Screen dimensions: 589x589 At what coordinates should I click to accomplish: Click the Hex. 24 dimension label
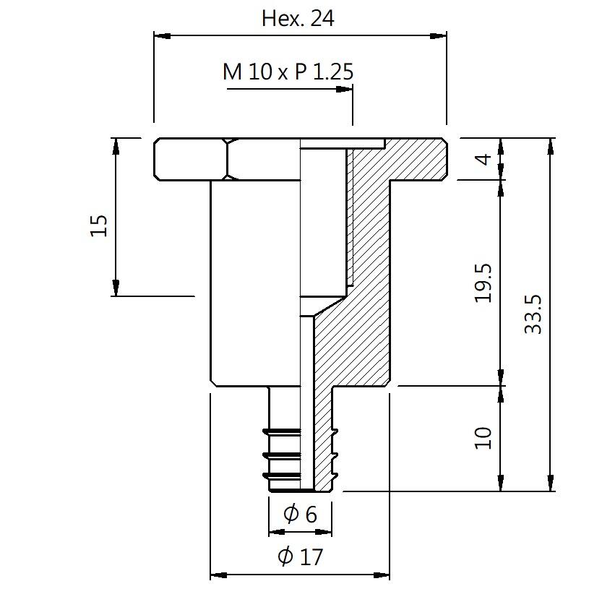pos(298,18)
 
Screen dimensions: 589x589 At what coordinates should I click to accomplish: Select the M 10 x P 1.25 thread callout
pos(288,72)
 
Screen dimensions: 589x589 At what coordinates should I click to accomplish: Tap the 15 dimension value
pos(99,225)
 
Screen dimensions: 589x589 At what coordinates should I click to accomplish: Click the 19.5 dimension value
pos(483,283)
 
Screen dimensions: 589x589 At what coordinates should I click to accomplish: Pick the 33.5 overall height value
pos(533,314)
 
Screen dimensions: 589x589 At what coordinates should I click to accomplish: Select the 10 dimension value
pos(483,438)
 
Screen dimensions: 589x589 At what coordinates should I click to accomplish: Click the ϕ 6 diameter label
pos(300,514)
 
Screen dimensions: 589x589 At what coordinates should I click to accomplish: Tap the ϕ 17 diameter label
pos(300,556)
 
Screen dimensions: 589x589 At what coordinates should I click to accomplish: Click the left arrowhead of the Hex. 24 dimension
pos(163,35)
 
